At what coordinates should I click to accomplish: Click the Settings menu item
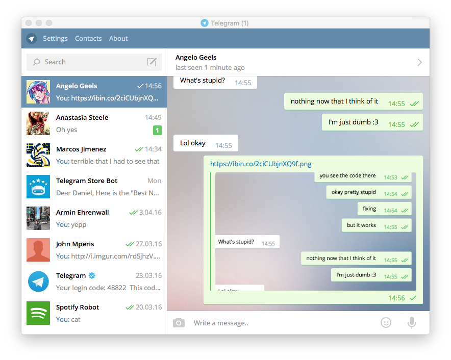coord(55,39)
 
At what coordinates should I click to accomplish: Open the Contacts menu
coord(88,39)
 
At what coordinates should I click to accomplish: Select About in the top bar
coord(118,39)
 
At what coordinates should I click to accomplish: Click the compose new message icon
coord(152,62)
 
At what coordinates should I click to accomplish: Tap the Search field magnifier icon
coord(37,62)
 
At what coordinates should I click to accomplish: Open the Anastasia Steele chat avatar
coord(38,123)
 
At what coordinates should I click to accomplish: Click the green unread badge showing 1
coord(157,130)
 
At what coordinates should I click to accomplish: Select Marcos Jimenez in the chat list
coord(81,149)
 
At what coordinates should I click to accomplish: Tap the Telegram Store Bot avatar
coord(38,187)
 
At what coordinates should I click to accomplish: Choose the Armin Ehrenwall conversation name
coord(83,213)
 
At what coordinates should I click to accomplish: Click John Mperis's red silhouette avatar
coord(38,250)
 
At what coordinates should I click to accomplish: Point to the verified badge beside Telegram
coord(92,275)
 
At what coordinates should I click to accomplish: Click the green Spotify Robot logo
coord(38,313)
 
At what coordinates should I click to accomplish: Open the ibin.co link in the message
coord(261,164)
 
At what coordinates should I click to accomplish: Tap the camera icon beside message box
coord(179,323)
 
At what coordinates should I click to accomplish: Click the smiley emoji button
coord(386,323)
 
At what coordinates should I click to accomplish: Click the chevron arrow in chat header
coord(420,62)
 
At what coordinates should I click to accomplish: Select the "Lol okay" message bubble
coord(206,143)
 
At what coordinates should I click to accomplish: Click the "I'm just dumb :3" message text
coord(354,122)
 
